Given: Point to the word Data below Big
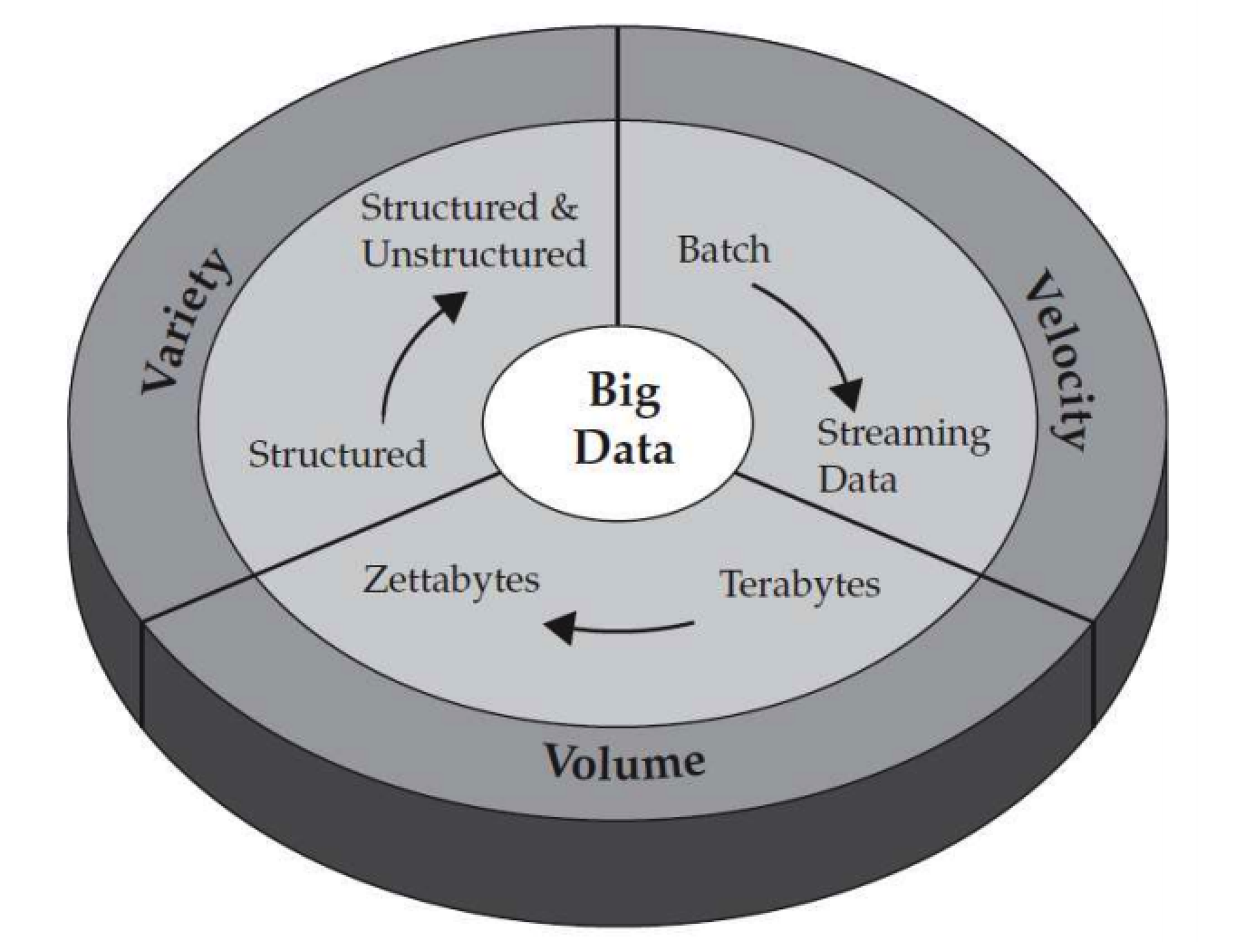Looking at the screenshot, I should coord(624,447).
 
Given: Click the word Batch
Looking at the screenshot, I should coord(723,250).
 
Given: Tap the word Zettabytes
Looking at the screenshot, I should coord(450,579).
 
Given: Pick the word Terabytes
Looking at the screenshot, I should coord(799,584).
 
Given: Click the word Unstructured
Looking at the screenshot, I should coord(474,254).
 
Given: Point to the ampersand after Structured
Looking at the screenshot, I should coord(563,207).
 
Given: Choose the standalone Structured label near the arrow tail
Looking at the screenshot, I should coord(337,453).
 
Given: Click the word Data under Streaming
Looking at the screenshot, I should coord(857,480).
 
